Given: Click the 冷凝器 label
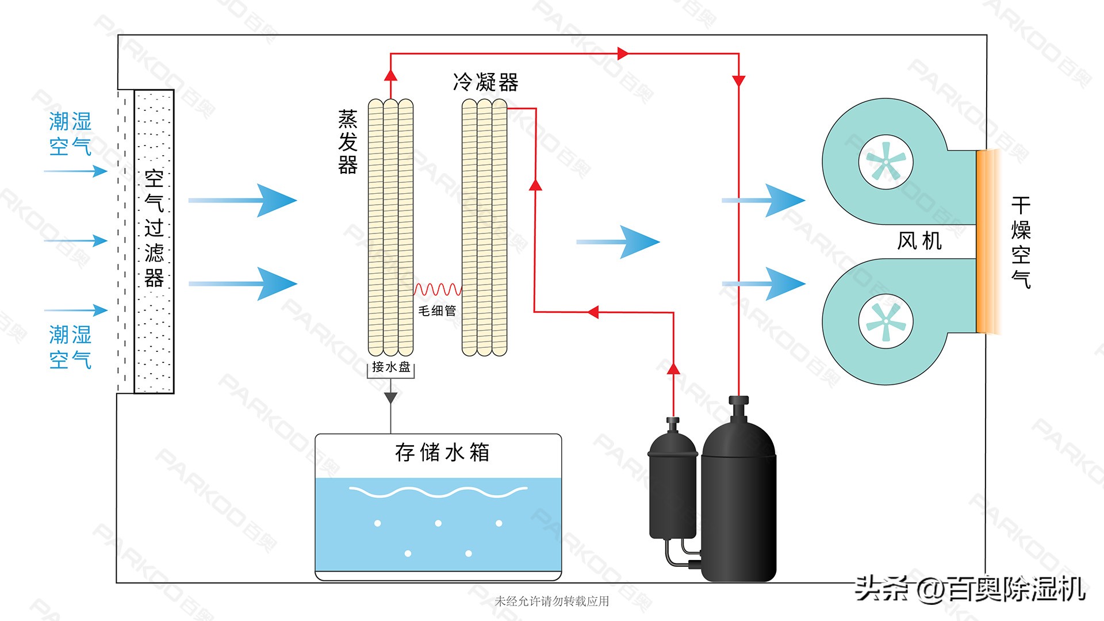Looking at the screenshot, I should [486, 82].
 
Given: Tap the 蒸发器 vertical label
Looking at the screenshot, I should [348, 142].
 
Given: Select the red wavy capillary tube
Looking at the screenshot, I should [438, 289].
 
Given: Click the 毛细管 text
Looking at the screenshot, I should [437, 311].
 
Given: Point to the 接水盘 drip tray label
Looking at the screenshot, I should [391, 367].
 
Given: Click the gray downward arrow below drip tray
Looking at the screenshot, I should [391, 397].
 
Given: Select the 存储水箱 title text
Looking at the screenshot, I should [442, 453].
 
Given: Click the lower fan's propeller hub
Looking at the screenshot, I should [886, 322].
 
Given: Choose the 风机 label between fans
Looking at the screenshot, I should [919, 240].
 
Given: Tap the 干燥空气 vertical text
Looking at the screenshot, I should [1021, 242].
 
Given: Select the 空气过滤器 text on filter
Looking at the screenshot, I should [154, 229].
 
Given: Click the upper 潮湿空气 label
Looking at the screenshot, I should [70, 134].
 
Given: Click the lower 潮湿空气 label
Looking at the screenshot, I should [70, 347].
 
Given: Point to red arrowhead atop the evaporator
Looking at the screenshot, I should [391, 75].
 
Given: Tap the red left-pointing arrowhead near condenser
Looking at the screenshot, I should [593, 312].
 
